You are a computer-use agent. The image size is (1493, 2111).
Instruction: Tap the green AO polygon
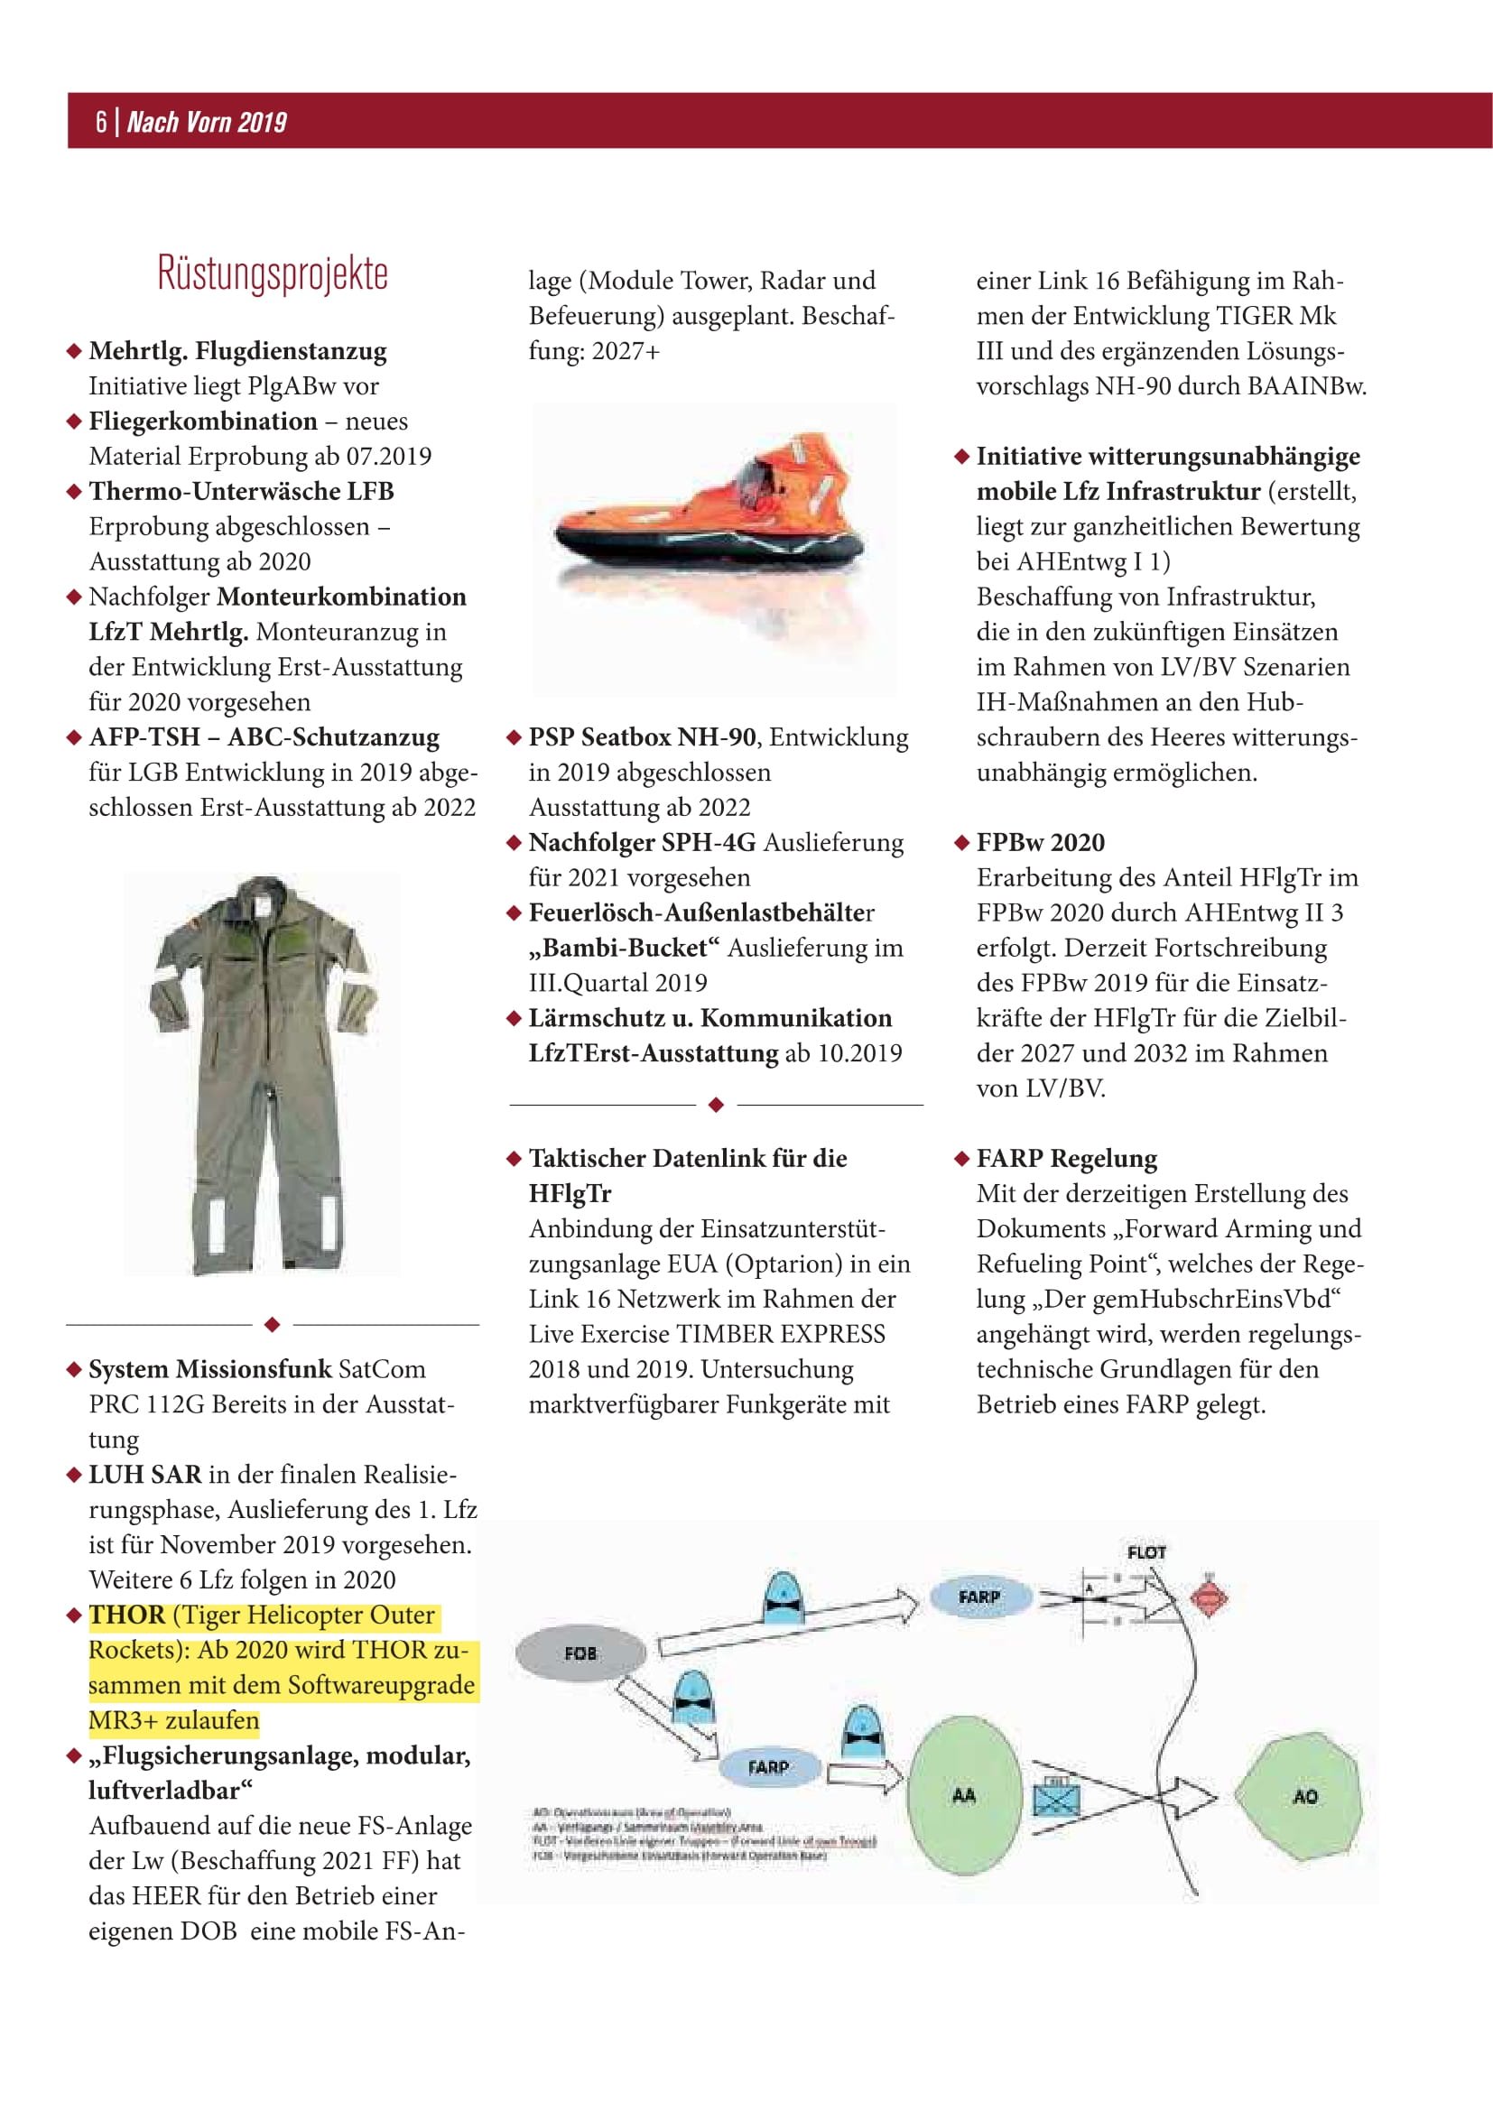click(1299, 1796)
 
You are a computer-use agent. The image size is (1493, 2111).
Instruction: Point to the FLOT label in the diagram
click(1146, 1552)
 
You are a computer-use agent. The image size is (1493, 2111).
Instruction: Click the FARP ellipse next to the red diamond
click(978, 1597)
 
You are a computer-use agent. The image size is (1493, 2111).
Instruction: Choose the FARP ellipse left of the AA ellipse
click(767, 1767)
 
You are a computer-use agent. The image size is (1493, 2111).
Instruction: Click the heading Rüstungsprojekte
click(273, 273)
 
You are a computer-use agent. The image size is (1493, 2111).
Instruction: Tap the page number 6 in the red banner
click(100, 121)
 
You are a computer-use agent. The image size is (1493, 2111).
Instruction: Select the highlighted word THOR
click(127, 1616)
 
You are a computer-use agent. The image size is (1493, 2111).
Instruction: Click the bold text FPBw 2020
click(1041, 842)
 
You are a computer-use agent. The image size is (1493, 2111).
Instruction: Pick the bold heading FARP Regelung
click(1066, 1159)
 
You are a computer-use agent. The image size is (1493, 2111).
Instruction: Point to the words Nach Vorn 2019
click(207, 121)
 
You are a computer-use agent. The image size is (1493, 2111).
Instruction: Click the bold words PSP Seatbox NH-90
click(642, 737)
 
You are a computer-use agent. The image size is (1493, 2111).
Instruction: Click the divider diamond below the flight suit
click(272, 1325)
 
